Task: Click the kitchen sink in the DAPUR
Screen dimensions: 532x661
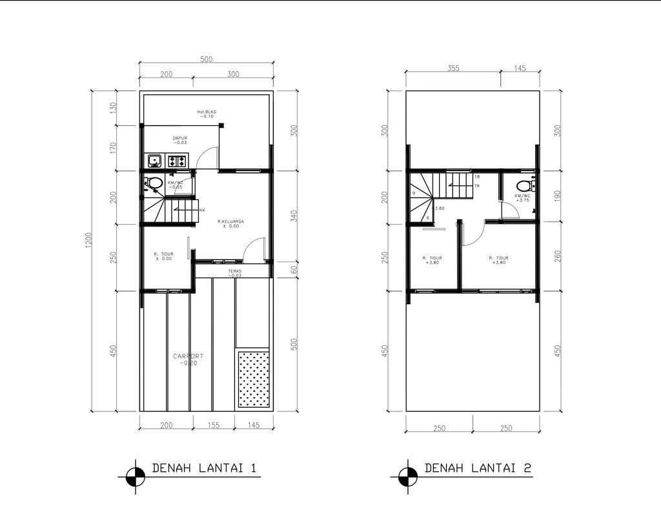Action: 154,161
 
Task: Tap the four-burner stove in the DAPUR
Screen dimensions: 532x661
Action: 178,161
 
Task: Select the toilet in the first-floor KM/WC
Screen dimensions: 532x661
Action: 153,183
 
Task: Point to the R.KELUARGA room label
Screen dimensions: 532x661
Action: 230,221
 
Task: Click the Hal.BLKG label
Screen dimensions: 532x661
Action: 207,112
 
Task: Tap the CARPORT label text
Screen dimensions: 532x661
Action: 188,356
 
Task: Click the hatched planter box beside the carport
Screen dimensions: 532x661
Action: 254,379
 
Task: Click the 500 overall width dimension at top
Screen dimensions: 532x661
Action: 206,59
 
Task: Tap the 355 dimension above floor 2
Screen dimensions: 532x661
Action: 453,68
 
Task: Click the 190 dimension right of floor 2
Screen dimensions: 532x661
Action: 557,196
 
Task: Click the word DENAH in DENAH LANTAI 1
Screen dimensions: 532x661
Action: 172,468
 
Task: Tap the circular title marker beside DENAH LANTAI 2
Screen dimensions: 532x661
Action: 408,476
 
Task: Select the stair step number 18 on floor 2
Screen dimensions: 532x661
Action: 477,176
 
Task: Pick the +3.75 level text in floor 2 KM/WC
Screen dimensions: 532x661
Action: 523,200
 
